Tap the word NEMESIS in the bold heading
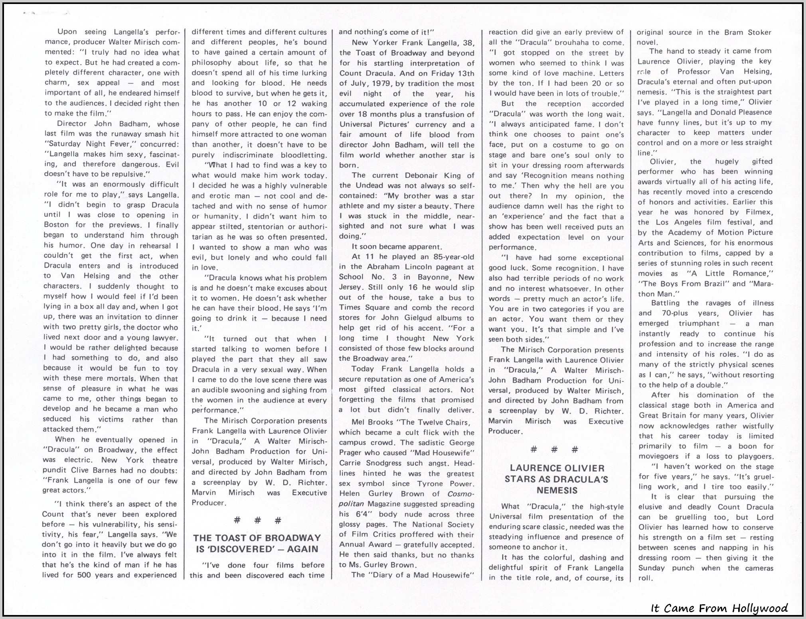coord(557,490)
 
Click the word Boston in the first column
coord(56,225)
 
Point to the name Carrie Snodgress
coord(364,463)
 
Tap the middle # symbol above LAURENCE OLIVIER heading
coord(554,449)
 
